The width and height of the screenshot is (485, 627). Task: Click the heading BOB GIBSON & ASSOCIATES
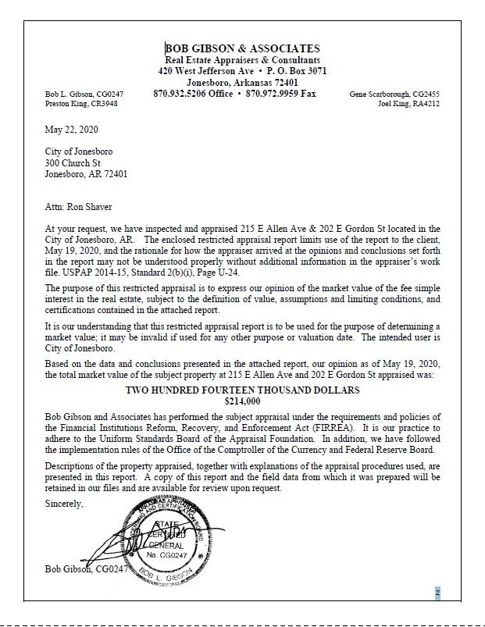tap(242, 48)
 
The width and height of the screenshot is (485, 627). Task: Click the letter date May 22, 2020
tap(72, 129)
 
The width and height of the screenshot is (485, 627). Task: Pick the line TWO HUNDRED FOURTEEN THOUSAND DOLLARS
tap(242, 390)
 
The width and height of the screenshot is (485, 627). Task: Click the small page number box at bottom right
tap(437, 593)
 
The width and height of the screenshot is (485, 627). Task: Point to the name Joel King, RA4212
tap(408, 103)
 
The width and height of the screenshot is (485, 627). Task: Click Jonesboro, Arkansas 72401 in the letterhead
tap(242, 82)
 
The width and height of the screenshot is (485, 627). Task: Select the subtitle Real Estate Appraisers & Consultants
tap(242, 60)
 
